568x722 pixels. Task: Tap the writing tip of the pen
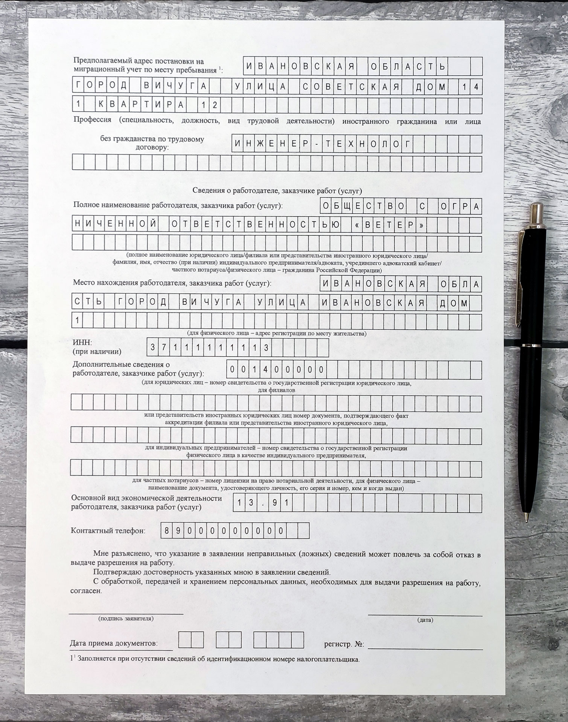[526, 520]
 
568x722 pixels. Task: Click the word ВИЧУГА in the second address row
[175, 86]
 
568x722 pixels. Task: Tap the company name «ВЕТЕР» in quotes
[389, 225]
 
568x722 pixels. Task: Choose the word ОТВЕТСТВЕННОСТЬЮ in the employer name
[256, 225]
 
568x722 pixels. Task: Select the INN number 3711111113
[209, 348]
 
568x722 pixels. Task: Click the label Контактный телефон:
[108, 531]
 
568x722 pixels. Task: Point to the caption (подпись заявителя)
[126, 618]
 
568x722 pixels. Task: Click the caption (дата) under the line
[425, 620]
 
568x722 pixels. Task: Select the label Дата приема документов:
[114, 643]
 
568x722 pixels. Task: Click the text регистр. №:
[344, 644]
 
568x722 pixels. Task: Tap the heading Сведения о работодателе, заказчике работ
[277, 191]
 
